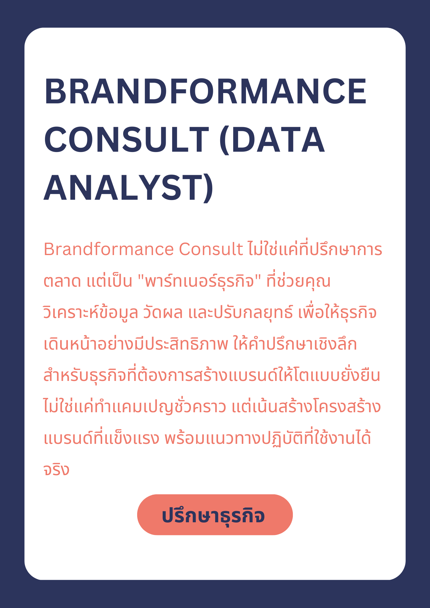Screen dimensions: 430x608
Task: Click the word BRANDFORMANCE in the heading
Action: [x=206, y=92]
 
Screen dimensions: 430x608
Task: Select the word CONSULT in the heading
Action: [x=127, y=140]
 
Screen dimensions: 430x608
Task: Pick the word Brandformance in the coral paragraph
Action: [x=109, y=249]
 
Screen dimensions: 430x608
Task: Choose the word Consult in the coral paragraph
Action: [x=211, y=249]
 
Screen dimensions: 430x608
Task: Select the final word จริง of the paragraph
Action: [x=57, y=470]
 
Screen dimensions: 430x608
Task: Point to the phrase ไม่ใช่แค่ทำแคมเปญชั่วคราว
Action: [x=135, y=406]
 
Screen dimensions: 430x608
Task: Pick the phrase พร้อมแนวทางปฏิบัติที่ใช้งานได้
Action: [x=268, y=438]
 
